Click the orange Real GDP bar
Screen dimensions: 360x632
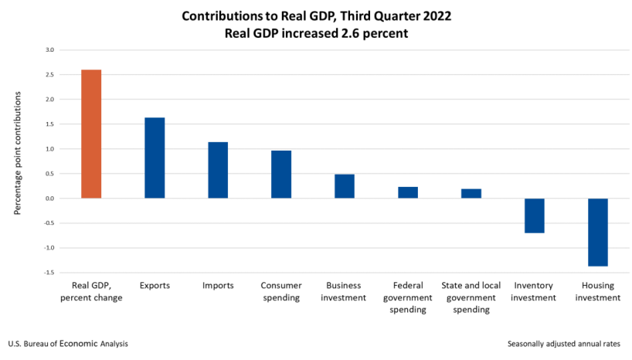point(91,134)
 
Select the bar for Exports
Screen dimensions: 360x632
point(155,158)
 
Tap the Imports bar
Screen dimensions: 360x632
point(218,170)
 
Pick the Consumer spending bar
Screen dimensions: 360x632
point(281,174)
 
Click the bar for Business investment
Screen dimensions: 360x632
point(345,186)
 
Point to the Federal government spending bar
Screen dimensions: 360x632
point(408,192)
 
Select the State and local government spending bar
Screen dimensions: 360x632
point(471,193)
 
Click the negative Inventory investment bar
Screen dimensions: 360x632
point(535,216)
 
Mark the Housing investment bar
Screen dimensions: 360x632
point(598,232)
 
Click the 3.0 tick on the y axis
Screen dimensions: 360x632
point(49,50)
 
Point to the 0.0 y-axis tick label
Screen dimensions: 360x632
point(49,199)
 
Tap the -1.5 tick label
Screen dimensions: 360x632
point(49,273)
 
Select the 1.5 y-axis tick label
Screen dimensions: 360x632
point(49,124)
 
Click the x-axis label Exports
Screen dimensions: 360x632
point(155,286)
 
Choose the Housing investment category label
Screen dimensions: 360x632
point(598,291)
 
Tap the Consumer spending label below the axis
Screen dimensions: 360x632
point(281,291)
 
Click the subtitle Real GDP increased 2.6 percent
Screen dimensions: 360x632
point(315,33)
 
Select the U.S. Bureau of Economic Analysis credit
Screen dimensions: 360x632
point(68,344)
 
